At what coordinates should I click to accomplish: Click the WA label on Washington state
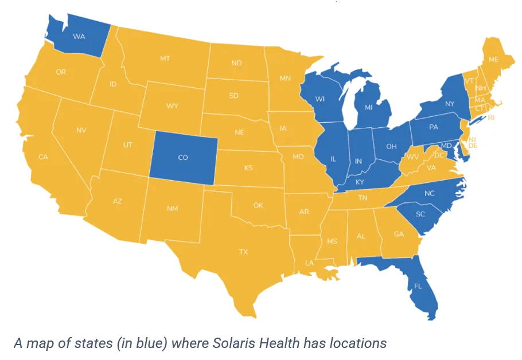tap(79, 36)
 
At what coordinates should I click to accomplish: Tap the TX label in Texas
tap(243, 252)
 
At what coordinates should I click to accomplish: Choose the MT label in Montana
tap(165, 58)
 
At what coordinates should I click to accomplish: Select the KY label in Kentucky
tap(360, 182)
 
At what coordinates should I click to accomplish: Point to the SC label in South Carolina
tap(420, 214)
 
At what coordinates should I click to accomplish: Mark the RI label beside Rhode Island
tap(491, 118)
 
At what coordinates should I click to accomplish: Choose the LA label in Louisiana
tap(309, 263)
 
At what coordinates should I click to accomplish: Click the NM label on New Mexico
tap(172, 208)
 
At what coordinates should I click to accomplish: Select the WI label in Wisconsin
tap(320, 99)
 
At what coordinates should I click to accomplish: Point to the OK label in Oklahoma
tap(258, 205)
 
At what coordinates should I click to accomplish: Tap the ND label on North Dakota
tap(236, 62)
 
